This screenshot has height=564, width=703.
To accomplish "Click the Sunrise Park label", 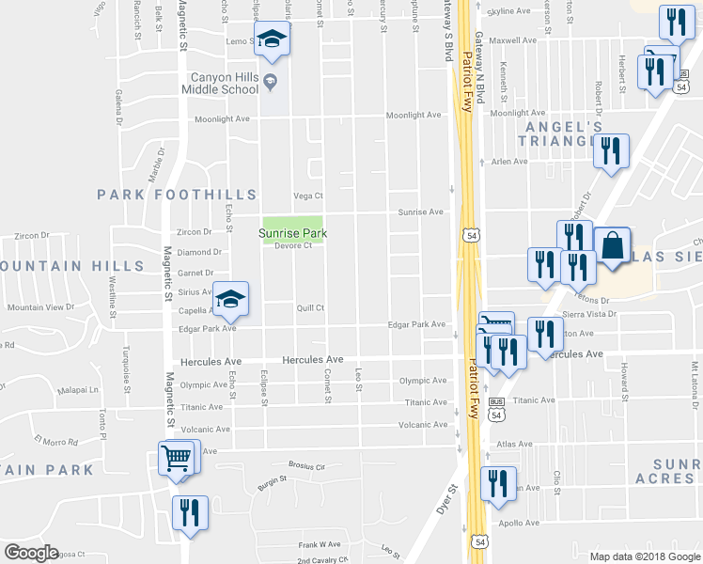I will [x=293, y=231].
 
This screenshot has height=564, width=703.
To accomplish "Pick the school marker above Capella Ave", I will [x=230, y=299].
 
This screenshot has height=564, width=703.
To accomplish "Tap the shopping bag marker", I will [x=612, y=246].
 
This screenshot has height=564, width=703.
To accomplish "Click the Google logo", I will [x=31, y=553].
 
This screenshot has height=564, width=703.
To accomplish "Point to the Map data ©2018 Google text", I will [x=644, y=556].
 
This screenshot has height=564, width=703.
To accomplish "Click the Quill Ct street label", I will [x=310, y=307].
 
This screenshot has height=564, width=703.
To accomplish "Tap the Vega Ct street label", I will [x=308, y=196].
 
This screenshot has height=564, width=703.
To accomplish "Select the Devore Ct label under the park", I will [x=293, y=246].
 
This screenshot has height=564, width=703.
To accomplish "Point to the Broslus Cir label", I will [x=306, y=466].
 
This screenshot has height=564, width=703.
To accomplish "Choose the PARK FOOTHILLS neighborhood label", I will [x=177, y=195].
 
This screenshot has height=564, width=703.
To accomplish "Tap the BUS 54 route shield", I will [x=497, y=401].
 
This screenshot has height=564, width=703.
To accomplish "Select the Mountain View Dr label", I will [x=40, y=307].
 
